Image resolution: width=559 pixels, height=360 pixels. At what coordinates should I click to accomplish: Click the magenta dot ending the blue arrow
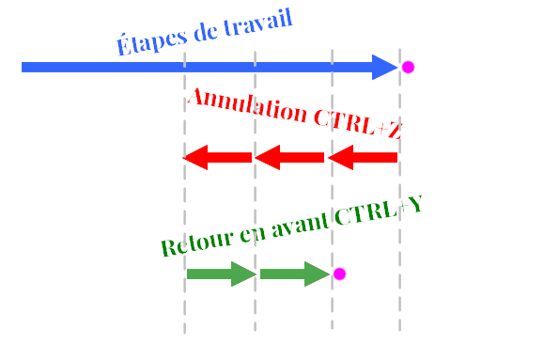[408, 68]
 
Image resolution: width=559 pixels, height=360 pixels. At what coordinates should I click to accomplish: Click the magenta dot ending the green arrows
[339, 274]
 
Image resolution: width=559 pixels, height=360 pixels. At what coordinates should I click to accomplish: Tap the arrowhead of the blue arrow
[386, 67]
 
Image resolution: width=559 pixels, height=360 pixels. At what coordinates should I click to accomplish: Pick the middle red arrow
[288, 157]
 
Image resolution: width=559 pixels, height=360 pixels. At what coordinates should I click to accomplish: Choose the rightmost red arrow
[362, 157]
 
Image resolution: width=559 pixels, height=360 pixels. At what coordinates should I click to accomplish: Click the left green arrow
[221, 274]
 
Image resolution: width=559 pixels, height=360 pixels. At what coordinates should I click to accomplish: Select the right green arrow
[294, 274]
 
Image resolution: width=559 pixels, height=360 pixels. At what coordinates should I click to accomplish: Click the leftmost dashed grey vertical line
[184, 310]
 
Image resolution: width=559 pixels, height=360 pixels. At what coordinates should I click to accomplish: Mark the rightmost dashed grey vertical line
[399, 310]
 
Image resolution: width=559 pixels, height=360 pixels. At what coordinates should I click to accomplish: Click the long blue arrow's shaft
[188, 67]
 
